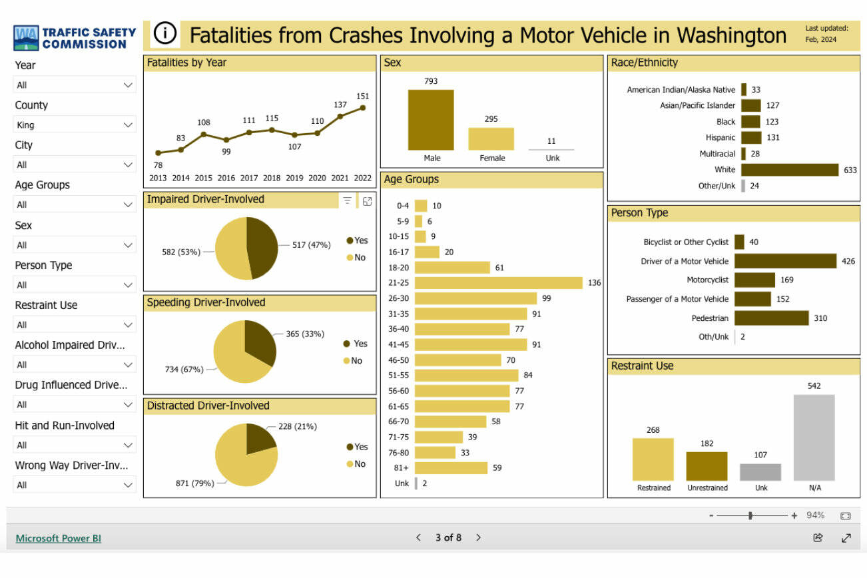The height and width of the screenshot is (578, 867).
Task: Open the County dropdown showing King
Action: point(75,125)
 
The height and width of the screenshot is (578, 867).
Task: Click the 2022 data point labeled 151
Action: point(363,107)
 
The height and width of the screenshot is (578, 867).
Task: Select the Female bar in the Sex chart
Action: point(491,139)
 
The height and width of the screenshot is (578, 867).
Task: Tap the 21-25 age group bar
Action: point(497,283)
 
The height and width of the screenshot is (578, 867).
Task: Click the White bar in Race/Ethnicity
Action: point(790,170)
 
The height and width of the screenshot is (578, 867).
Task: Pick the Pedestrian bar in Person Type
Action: point(771,318)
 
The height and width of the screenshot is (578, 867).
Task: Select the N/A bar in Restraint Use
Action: point(814,437)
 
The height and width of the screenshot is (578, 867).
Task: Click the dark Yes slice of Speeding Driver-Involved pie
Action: point(258,341)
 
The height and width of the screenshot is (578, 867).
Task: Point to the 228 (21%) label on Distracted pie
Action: point(298,426)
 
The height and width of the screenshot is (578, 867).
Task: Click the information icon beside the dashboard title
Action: point(164,34)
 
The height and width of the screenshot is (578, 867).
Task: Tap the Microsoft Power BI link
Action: point(59,538)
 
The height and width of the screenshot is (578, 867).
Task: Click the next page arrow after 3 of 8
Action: point(478,537)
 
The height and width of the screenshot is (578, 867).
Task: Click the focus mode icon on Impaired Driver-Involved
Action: point(367,200)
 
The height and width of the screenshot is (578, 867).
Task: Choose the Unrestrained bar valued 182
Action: point(707,466)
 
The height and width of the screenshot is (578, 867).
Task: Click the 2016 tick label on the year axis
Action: point(226,178)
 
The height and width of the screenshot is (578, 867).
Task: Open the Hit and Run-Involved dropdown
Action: point(75,445)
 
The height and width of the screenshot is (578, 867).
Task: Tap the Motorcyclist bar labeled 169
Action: point(754,280)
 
